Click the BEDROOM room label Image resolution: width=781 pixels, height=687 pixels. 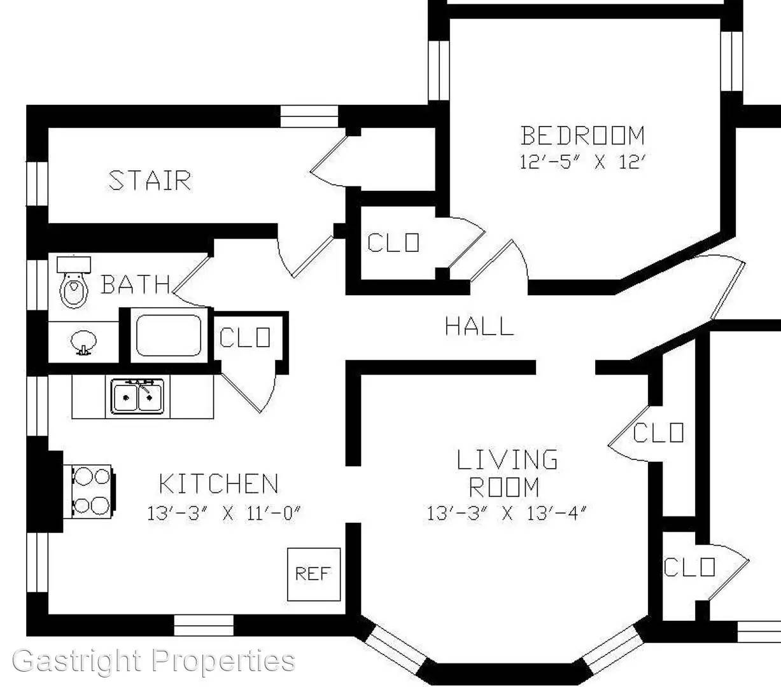[582, 135]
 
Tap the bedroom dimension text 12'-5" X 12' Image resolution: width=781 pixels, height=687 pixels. [582, 162]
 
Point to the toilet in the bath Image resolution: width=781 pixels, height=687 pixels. [74, 282]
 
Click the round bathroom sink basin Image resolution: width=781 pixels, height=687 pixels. [83, 342]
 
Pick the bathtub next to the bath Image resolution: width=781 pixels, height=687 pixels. [169, 335]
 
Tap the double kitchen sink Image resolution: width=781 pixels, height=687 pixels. [137, 396]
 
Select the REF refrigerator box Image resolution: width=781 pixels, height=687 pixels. [314, 574]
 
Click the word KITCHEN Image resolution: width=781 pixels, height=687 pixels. [218, 483]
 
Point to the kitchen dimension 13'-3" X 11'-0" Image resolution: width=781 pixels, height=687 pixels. [223, 513]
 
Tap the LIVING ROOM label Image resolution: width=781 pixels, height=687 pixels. [506, 473]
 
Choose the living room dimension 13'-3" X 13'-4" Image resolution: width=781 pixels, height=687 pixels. [506, 513]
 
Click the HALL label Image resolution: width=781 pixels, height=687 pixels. [479, 326]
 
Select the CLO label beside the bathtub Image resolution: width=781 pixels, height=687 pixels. [244, 338]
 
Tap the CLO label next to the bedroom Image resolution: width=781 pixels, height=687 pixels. [393, 242]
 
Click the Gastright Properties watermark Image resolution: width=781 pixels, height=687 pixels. [154, 661]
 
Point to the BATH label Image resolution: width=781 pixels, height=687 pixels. [136, 284]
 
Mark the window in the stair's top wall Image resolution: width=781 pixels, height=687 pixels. [309, 116]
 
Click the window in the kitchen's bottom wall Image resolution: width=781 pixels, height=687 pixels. [204, 625]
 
